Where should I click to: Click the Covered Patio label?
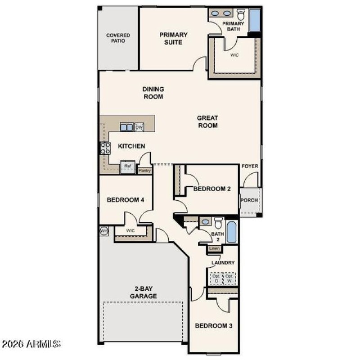point(118,38)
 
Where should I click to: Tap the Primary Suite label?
point(173,38)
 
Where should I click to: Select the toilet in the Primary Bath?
point(241,13)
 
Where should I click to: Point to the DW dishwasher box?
point(139,127)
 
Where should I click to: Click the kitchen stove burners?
point(105,148)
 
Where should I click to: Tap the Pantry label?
point(144,171)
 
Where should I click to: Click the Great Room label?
point(207,121)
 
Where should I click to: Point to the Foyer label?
point(250,166)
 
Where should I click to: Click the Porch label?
point(249,201)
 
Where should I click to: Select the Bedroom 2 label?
point(212,189)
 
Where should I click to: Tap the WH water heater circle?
point(104,231)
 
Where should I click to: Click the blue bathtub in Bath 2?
point(231,232)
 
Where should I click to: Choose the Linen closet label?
point(214,248)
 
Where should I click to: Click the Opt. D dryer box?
point(216,279)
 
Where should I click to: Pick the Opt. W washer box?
point(229,279)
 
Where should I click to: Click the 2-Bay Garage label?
point(144,292)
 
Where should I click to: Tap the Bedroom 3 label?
point(213,325)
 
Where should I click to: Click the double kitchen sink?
point(126,127)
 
